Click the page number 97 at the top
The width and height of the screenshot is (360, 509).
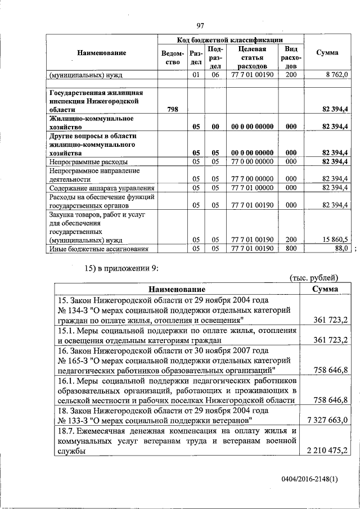[200, 25]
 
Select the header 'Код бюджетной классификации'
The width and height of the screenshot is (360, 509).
[231, 40]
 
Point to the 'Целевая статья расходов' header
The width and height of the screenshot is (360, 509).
[251, 57]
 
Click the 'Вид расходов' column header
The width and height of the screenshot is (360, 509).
[291, 57]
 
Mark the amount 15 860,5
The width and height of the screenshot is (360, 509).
[336, 239]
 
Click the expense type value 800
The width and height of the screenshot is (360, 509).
[291, 248]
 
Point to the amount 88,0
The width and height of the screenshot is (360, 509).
[341, 248]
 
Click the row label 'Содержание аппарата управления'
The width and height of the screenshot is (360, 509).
[101, 188]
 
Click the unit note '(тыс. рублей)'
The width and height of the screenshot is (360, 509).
[314, 277]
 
